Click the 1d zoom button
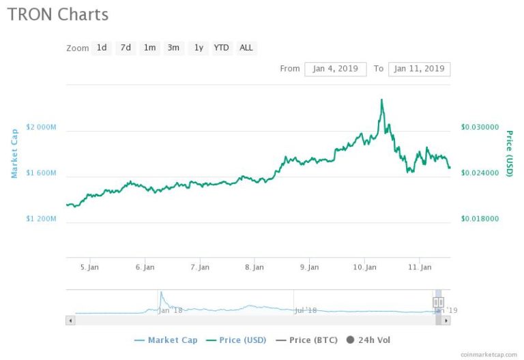point(102,48)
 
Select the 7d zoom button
point(126,48)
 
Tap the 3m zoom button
point(173,48)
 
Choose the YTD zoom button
point(221,48)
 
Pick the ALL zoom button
point(246,48)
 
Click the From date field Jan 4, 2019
point(336,69)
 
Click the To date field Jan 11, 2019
point(420,69)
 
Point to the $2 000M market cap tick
point(41,127)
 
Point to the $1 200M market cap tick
point(41,219)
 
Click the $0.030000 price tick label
point(480,127)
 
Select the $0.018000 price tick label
point(480,219)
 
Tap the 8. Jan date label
point(254,267)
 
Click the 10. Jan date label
point(364,267)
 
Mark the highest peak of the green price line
point(381,100)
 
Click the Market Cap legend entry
point(166,340)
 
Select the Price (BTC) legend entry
point(307,340)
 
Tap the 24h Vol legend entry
point(368,340)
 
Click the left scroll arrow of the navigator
point(70,320)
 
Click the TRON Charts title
point(58,15)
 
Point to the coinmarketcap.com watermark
point(489,355)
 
